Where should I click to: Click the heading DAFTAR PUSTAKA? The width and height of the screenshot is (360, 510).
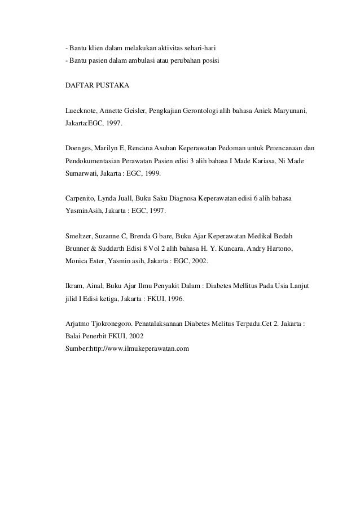click(x=98, y=86)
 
